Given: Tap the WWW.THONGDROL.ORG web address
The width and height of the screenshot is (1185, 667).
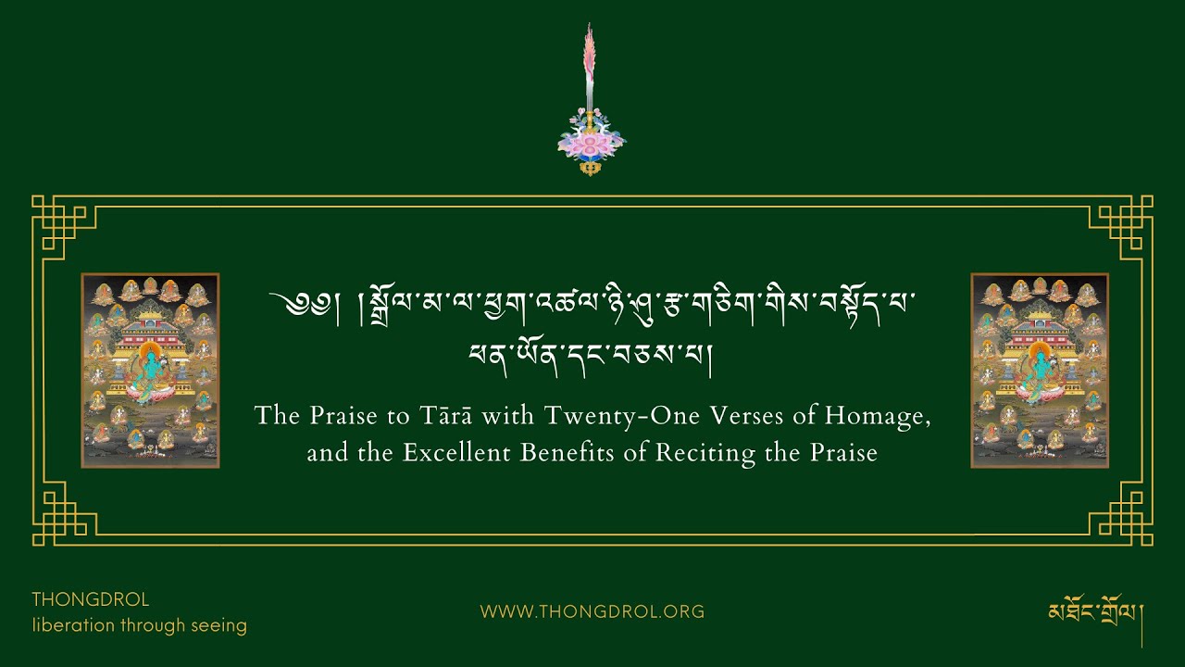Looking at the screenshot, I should [x=592, y=611].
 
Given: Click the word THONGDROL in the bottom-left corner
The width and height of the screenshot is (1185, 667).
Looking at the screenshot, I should [x=91, y=599].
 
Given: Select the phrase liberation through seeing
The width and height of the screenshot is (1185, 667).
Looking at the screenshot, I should [x=140, y=625].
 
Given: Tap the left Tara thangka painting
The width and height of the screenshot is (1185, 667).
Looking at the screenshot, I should [x=150, y=371].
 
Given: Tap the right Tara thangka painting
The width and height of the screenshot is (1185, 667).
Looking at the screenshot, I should [x=1040, y=371].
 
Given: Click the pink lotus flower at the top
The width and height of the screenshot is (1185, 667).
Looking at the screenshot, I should [x=591, y=145].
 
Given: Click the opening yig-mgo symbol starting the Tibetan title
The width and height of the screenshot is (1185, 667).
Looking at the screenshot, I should [x=295, y=303].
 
